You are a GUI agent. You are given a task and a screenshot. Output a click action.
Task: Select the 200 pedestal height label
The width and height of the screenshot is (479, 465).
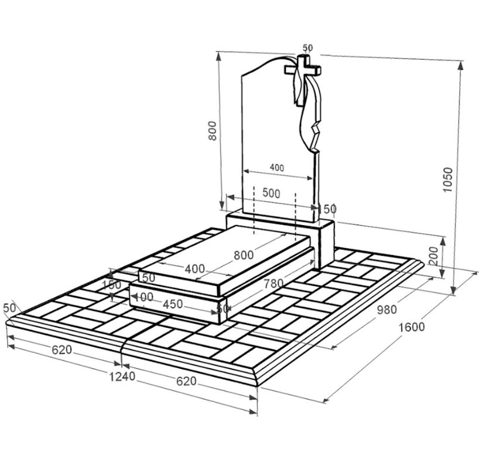pos(434,256)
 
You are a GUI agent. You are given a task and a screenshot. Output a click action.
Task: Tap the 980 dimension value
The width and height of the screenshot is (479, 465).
pos(386,310)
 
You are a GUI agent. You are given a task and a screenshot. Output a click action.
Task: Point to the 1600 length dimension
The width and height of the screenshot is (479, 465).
pos(412,327)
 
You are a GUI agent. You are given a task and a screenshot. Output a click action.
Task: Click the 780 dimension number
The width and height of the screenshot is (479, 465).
pos(273,284)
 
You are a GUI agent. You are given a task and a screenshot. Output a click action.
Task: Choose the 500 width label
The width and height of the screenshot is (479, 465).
pos(271,194)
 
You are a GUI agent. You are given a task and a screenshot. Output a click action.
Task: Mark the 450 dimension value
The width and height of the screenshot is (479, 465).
pos(173,304)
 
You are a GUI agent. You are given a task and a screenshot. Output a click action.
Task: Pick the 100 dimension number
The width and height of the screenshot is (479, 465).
pos(143,297)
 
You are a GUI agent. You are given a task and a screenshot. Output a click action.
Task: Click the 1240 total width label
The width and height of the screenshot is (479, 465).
pos(122,376)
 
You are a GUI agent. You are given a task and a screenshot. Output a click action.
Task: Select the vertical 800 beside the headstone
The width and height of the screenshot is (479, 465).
pos(213,131)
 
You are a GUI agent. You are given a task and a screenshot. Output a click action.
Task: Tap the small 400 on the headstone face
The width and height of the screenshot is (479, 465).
pos(277,168)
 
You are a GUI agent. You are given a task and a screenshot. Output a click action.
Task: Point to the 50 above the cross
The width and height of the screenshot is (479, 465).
pos(308,47)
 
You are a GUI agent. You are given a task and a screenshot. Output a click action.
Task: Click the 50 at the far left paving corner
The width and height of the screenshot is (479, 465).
pos(9,308)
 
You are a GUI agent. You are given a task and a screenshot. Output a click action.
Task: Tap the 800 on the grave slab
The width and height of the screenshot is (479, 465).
pos(244,255)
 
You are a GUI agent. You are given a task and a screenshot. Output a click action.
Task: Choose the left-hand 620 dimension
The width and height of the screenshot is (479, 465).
pos(61,349)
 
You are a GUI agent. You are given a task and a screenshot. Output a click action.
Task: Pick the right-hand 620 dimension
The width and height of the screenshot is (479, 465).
pos(186,381)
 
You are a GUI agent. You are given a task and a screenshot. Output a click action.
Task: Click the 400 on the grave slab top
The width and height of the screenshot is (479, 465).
pos(195,269)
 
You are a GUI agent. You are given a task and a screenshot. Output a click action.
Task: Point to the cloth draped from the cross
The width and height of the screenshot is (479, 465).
pos(307,107)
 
